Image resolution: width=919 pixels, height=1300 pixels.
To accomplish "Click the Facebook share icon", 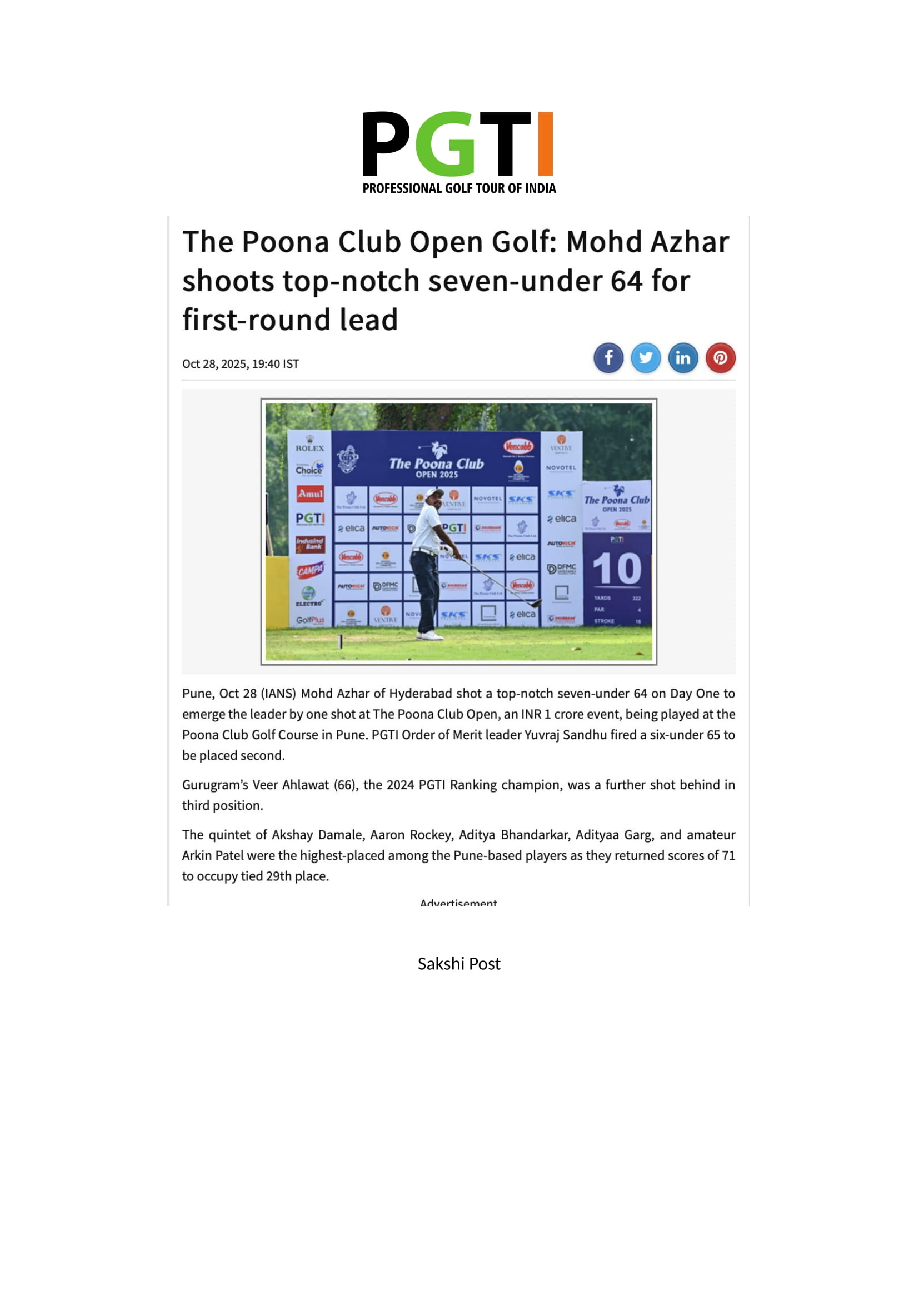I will click(608, 358).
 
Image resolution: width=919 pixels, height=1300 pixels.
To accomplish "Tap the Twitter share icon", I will click(646, 358).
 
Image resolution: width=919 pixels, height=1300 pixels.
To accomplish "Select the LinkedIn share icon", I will click(683, 358).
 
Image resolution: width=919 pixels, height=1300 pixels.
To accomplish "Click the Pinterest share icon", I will click(721, 358).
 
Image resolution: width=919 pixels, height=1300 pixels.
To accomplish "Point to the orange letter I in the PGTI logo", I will click(545, 144).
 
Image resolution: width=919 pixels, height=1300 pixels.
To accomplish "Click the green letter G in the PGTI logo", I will click(453, 144).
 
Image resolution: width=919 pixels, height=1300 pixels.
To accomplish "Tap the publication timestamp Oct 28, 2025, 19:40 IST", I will click(241, 364).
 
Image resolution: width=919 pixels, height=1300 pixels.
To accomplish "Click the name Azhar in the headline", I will click(690, 242).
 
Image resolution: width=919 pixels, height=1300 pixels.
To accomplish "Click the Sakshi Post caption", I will click(459, 964).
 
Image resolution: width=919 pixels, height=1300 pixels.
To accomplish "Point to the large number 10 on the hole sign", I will click(617, 569).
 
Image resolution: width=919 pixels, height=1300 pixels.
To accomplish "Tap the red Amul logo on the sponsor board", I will click(310, 494).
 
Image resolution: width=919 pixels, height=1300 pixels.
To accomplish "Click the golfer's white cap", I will click(433, 492).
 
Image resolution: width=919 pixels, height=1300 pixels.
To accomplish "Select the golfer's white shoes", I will click(429, 635).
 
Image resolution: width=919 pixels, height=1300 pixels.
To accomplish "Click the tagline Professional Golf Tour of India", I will click(459, 188).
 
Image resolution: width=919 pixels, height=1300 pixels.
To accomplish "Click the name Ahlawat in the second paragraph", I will click(305, 785).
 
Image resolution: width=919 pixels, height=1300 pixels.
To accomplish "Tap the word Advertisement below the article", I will click(458, 903).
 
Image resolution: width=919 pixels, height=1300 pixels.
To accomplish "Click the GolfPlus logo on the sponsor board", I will click(310, 620).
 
